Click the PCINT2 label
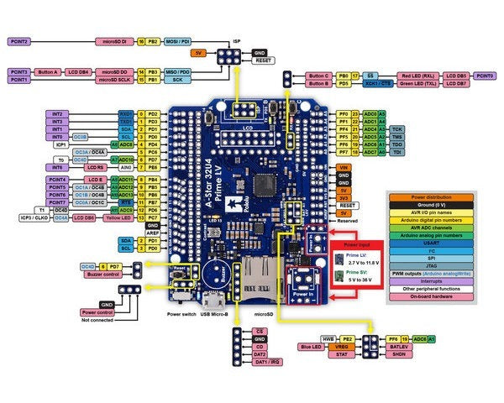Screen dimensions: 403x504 tap(19, 40)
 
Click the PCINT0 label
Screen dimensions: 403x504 tap(485, 76)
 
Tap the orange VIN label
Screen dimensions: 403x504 tap(343, 168)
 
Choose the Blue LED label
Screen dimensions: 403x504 tap(312, 346)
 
